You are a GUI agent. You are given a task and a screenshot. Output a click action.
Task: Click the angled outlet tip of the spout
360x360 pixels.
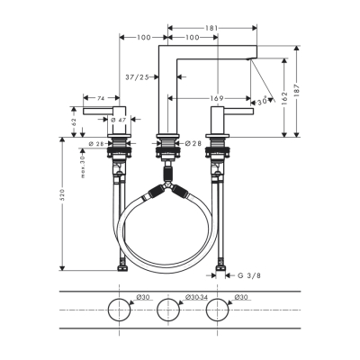tap(253, 59)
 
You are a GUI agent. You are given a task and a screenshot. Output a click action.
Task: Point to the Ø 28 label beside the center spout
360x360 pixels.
tap(190, 143)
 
